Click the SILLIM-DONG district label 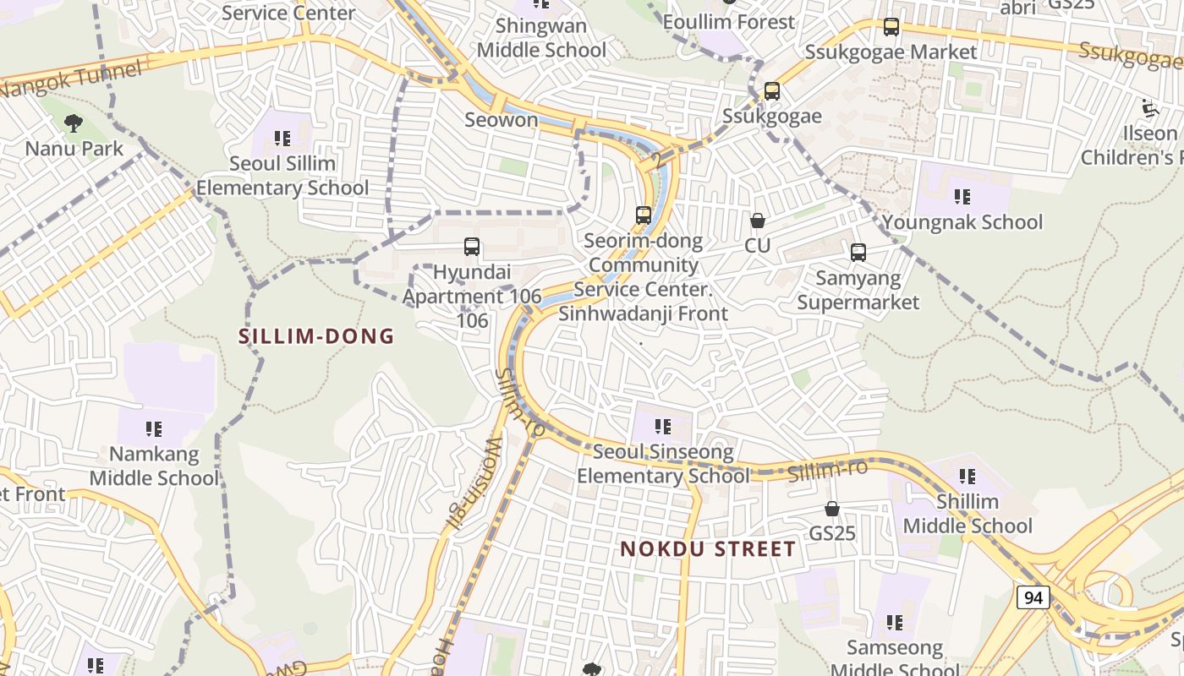pyautogui.click(x=316, y=336)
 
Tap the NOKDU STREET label pyautogui.click(x=708, y=549)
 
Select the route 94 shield pyautogui.click(x=1033, y=597)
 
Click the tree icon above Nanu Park pyautogui.click(x=74, y=123)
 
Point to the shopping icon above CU pyautogui.click(x=758, y=221)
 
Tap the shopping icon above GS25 pyautogui.click(x=832, y=509)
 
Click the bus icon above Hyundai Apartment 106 pyautogui.click(x=472, y=247)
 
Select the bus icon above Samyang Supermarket pyautogui.click(x=858, y=252)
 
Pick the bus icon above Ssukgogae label pyautogui.click(x=771, y=91)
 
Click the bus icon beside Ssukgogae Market pyautogui.click(x=891, y=27)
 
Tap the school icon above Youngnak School pyautogui.click(x=962, y=197)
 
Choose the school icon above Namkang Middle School pyautogui.click(x=153, y=429)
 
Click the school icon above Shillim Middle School pyautogui.click(x=967, y=477)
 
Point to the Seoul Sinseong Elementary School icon pyautogui.click(x=663, y=427)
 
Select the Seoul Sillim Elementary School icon pyautogui.click(x=282, y=138)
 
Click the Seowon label pyautogui.click(x=502, y=120)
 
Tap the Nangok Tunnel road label pyautogui.click(x=72, y=80)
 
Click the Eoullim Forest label pyautogui.click(x=729, y=22)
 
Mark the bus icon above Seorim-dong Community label pyautogui.click(x=644, y=215)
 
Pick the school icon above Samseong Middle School pyautogui.click(x=895, y=623)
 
